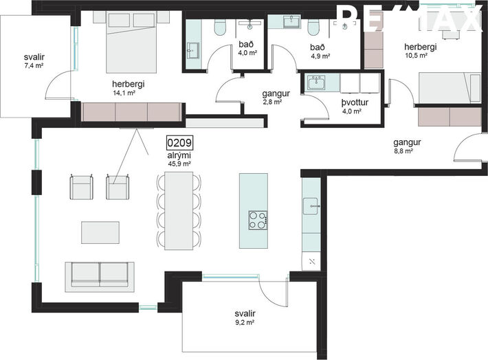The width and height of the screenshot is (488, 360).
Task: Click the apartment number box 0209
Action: [179, 143]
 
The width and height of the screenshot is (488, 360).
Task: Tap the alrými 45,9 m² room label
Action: [179, 159]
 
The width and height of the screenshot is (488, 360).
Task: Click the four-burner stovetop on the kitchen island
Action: [258, 221]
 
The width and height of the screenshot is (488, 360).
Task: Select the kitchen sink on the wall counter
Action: [311, 206]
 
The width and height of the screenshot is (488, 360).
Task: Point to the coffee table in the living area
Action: [100, 232]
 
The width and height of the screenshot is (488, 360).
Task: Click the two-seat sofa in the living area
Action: [100, 277]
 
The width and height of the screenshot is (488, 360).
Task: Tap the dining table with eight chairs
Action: [179, 211]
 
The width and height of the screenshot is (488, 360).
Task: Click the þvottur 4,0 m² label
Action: [355, 106]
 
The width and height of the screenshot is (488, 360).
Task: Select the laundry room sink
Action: [316, 83]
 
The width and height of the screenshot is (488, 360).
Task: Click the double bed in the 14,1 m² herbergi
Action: [131, 42]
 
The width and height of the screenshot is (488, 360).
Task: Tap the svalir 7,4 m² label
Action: [34, 60]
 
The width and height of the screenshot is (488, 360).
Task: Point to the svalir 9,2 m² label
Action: [245, 317]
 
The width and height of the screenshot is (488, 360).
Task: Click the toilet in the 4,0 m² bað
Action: [220, 27]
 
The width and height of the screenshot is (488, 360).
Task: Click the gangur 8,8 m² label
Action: [407, 146]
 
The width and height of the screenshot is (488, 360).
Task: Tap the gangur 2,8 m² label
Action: [276, 97]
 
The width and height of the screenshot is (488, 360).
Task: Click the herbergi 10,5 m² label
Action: [420, 51]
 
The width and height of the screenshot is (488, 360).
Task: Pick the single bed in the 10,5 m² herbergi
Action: [450, 87]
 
